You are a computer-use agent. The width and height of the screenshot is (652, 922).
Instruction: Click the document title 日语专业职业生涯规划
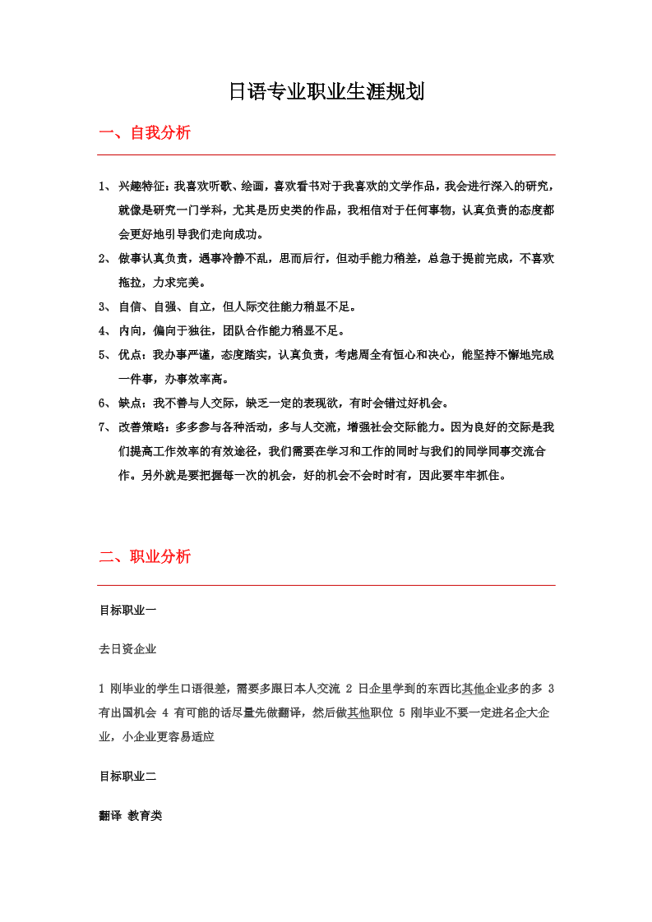pos(326,91)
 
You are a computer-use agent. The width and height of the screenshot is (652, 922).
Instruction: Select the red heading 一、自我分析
pos(145,132)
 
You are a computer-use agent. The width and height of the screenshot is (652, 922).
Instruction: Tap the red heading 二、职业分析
pos(145,556)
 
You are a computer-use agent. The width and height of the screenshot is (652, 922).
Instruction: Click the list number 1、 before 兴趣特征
pos(104,187)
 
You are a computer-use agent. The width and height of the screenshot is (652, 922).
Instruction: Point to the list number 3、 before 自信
pos(104,307)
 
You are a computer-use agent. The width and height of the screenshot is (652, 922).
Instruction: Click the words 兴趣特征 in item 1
pos(143,187)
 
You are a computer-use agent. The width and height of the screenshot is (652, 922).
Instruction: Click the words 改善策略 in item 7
pos(143,427)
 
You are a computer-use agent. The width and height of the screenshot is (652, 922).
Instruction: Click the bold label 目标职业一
pos(127,610)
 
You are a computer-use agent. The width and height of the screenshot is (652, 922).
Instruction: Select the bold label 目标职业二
pos(127,776)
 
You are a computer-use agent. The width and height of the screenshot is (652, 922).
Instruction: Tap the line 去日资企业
pos(127,649)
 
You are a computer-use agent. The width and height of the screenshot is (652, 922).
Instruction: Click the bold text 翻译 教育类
pos(131,816)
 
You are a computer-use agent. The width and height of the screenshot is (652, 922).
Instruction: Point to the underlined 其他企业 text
pos(484,689)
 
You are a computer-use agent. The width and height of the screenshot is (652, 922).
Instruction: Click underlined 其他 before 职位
pos(358,712)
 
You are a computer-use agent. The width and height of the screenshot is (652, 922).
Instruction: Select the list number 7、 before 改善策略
pos(104,427)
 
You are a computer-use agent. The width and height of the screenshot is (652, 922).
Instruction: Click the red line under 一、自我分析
pos(326,154)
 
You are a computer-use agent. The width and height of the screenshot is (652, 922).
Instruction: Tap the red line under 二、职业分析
pos(326,585)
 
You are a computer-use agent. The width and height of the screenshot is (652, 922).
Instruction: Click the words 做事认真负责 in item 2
pos(155,259)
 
